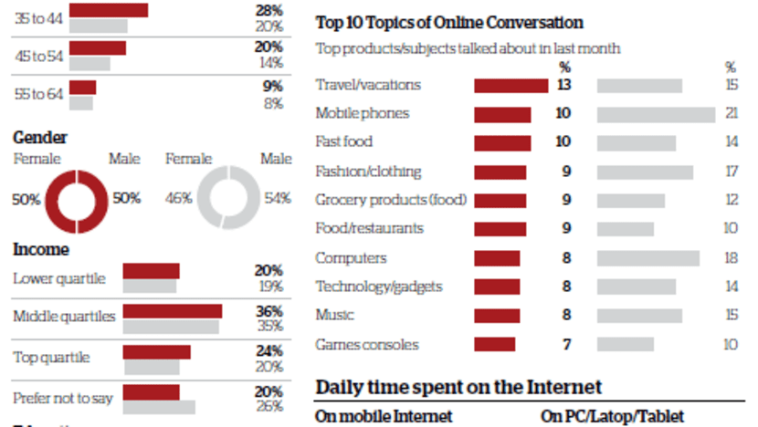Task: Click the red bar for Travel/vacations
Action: (x=511, y=86)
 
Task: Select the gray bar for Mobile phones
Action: (x=656, y=114)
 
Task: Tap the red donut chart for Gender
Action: (x=78, y=198)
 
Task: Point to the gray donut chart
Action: (x=230, y=198)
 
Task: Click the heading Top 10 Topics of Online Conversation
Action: (x=449, y=23)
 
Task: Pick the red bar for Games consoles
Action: (x=494, y=345)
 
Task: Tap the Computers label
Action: (x=351, y=258)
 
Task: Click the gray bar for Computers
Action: (x=648, y=258)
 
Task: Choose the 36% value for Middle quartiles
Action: (x=268, y=311)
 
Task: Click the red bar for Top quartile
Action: (x=156, y=352)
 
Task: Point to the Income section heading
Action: (x=41, y=248)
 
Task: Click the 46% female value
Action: (x=178, y=198)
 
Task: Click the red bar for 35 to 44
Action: (x=109, y=10)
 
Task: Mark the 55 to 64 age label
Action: (x=37, y=93)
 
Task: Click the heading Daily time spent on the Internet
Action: (x=458, y=387)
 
